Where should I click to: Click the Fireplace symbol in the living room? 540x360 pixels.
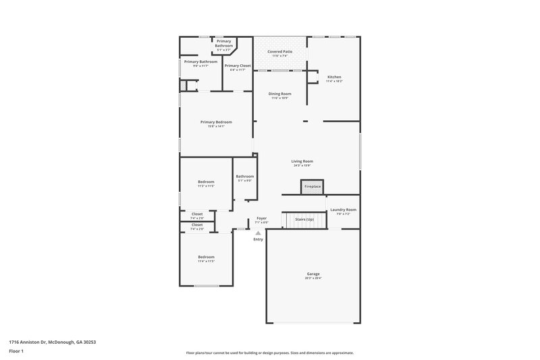tap(312, 186)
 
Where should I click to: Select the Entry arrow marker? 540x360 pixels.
tap(258, 233)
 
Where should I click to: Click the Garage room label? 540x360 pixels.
tap(313, 274)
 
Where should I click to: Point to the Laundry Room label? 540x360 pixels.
tap(343, 210)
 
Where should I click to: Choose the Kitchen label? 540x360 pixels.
tap(334, 77)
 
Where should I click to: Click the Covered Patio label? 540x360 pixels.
tap(279, 51)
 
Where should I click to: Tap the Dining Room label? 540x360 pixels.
tap(279, 94)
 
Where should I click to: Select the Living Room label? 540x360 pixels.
tap(302, 161)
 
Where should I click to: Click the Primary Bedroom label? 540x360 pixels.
tap(216, 122)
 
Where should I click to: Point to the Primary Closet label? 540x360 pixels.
tap(238, 66)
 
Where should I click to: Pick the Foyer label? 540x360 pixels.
tap(261, 218)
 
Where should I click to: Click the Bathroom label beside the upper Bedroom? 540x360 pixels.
tap(244, 176)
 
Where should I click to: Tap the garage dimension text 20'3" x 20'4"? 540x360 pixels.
tap(313, 278)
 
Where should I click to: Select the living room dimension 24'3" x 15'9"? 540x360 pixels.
tap(302, 165)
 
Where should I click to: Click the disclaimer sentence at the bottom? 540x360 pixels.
tap(270, 353)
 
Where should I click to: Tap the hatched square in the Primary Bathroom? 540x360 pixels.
tap(182, 86)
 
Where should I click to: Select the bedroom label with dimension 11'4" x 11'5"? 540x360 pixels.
tap(206, 257)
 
